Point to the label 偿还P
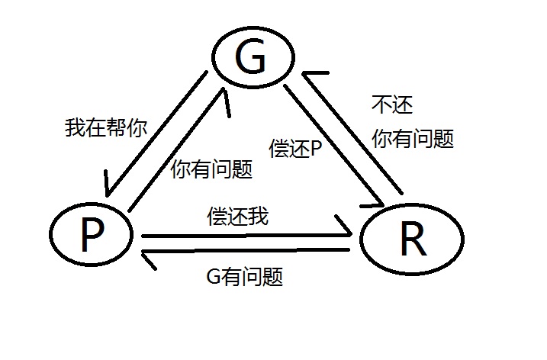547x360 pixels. tap(295, 148)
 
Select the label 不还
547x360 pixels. tap(392, 104)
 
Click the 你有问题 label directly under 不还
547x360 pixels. tap(413, 138)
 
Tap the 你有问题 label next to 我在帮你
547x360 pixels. tap(212, 169)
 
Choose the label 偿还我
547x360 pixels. tap(237, 216)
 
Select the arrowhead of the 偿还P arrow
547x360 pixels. tap(379, 202)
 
